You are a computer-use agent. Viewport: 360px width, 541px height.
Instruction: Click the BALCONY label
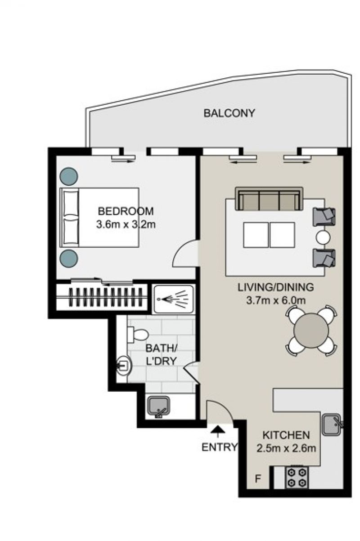click(x=229, y=113)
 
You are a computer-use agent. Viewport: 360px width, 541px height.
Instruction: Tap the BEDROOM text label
click(x=126, y=211)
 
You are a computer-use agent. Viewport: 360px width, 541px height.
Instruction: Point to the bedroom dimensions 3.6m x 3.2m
click(x=126, y=225)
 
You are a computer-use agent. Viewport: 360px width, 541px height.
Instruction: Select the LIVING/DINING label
click(x=276, y=287)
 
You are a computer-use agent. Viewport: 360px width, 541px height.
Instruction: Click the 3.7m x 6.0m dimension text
click(x=276, y=301)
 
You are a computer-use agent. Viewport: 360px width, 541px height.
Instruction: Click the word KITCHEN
click(x=286, y=435)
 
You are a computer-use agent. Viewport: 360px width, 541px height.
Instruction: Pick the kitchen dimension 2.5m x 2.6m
click(x=286, y=448)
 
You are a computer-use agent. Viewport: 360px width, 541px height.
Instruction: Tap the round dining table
click(x=311, y=331)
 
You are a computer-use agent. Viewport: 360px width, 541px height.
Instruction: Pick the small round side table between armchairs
click(x=323, y=237)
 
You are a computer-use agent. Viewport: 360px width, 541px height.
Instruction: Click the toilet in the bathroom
click(x=138, y=334)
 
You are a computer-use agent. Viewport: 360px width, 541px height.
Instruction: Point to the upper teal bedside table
click(x=68, y=176)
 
